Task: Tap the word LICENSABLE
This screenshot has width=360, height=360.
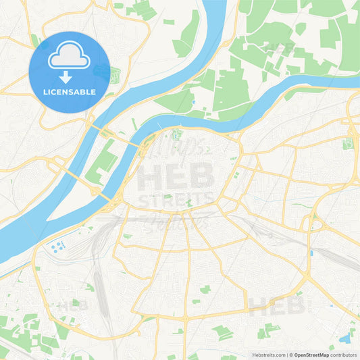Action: tap(69, 91)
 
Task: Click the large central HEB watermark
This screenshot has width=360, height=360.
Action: tap(176, 179)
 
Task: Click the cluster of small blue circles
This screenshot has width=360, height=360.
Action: tap(57, 246)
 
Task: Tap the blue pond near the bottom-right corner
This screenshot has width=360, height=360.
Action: tap(346, 338)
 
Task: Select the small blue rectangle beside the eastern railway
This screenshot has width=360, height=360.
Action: tap(311, 253)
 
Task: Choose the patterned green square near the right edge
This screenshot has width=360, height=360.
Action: tap(349, 143)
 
